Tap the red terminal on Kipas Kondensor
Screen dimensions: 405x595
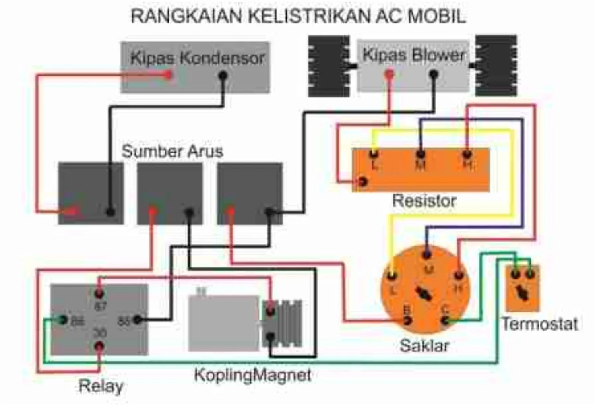169,74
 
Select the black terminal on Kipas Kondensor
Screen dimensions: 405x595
223,75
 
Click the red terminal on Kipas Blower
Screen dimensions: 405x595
389,74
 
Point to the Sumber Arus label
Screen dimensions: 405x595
172,151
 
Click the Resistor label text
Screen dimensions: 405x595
424,200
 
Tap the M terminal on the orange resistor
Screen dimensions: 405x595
420,154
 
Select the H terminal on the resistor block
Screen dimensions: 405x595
467,153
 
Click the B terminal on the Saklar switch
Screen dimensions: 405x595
407,320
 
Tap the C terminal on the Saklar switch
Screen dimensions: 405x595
445,320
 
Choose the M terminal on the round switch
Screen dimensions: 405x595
427,254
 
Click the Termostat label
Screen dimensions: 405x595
539,324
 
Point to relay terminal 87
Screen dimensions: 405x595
99,293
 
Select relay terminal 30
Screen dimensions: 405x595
99,346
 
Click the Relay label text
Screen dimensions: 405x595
101,386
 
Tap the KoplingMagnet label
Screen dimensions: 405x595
253,375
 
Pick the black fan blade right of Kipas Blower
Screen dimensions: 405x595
496,66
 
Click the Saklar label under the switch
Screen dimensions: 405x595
424,345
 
